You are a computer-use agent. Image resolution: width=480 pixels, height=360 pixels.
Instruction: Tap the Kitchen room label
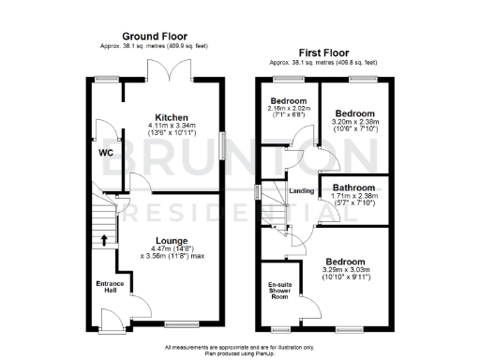point(172,118)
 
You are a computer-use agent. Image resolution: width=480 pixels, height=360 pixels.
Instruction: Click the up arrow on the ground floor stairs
point(104,239)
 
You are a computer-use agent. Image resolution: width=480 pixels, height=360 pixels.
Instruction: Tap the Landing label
point(302,191)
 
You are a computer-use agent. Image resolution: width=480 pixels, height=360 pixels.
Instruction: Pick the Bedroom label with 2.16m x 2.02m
point(289,101)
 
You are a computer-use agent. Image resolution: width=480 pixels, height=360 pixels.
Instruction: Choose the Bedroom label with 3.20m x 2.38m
point(356,112)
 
